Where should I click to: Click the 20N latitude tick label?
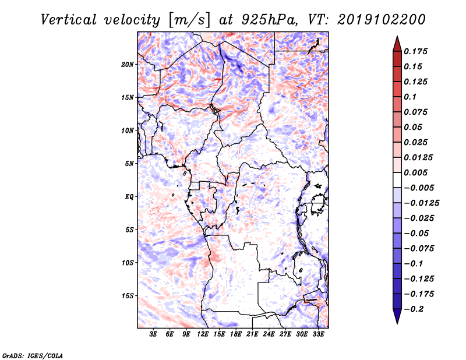pos(128,64)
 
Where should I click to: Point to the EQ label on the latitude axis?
pos(129,197)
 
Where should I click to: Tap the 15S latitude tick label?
pos(128,296)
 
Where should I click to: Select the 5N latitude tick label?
pos(129,164)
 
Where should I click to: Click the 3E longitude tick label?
pos(154,334)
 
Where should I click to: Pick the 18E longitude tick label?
pos(236,334)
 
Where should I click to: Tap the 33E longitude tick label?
pos(318,334)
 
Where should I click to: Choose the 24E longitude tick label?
pos(269,334)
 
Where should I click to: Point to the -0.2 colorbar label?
pos(415,309)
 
